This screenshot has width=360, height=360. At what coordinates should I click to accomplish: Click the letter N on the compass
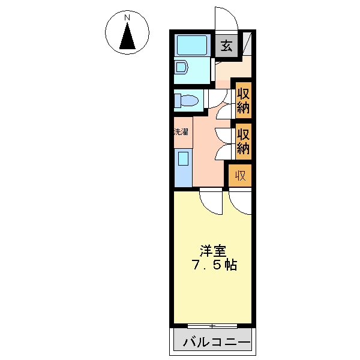coord(127,17)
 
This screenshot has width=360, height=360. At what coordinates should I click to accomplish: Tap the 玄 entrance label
coord(226,46)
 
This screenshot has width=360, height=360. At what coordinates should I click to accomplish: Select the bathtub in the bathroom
coord(192,45)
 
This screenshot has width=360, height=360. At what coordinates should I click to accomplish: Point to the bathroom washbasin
coord(181,67)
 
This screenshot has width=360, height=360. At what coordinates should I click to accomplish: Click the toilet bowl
coord(186,101)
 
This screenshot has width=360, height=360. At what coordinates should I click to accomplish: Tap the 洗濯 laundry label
coord(181,132)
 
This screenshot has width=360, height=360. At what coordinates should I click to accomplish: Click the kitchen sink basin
coord(183,158)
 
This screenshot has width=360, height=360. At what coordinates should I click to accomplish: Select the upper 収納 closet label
coord(244,100)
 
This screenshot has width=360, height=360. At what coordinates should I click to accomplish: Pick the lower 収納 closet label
coord(244,142)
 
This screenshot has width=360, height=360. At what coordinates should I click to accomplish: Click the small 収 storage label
coord(241,176)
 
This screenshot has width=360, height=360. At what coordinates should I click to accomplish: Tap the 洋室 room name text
coord(213,251)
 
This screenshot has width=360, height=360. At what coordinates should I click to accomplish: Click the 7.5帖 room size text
coord(214,265)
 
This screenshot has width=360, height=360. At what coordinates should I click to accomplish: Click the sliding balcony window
coord(212,326)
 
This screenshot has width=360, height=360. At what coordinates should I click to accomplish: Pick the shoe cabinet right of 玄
coord(247,44)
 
